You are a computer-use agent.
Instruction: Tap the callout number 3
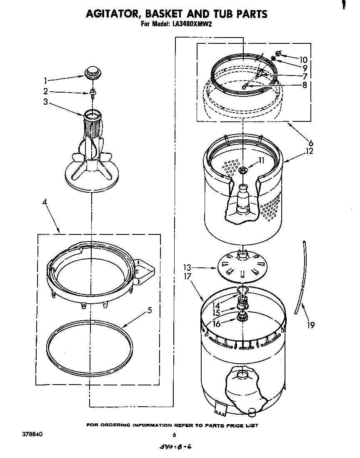click(45, 101)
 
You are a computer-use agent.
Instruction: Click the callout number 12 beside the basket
click(309, 151)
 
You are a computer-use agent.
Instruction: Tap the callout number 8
click(305, 85)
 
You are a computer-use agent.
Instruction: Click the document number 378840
click(32, 434)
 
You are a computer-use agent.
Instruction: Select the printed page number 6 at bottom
click(175, 435)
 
